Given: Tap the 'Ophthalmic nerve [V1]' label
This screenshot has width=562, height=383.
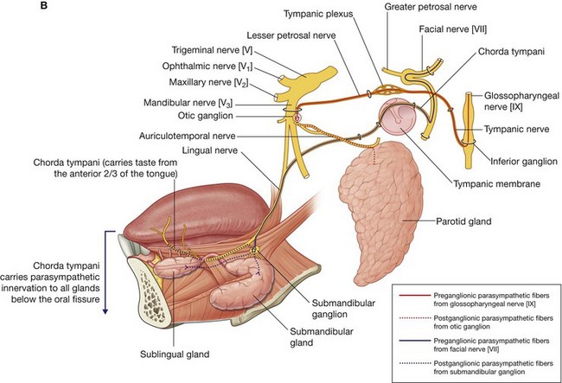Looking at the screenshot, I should [214, 66].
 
